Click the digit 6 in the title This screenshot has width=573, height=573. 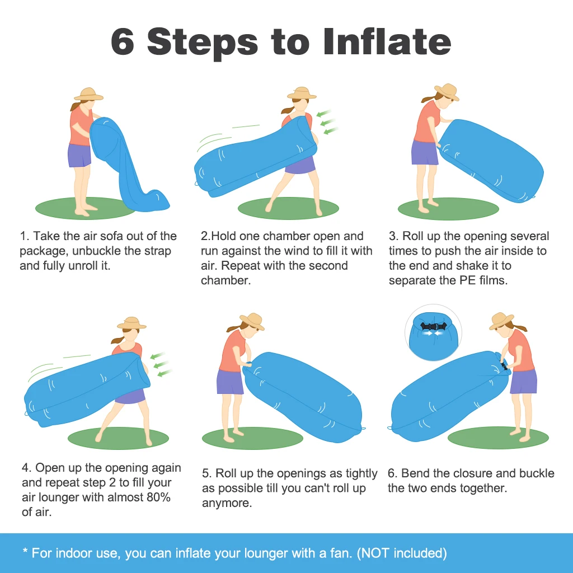tap(123, 41)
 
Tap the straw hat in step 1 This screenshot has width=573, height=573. tap(88, 94)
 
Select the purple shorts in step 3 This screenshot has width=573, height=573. tap(424, 152)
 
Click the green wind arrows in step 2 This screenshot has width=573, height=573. tap(327, 121)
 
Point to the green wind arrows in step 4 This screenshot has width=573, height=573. tap(161, 364)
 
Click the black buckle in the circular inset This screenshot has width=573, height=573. tap(433, 327)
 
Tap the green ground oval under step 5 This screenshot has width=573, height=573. tap(252, 438)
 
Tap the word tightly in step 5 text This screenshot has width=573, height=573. tap(361, 473)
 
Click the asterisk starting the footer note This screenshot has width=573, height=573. tap(25, 551)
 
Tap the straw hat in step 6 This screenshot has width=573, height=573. tap(501, 321)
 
